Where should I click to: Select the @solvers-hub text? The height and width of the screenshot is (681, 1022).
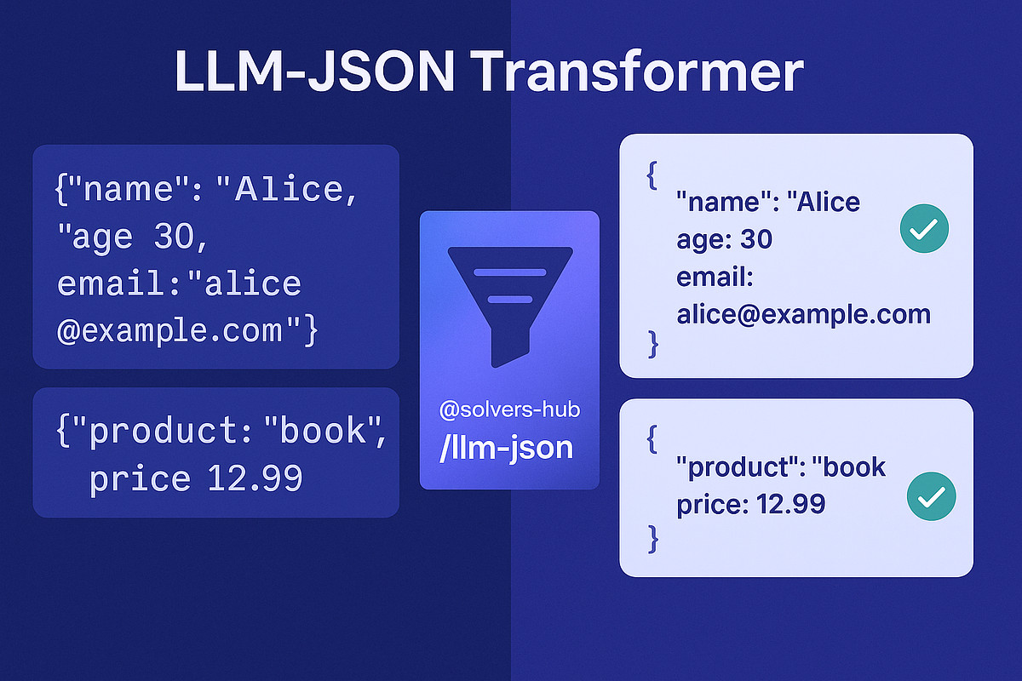(x=509, y=410)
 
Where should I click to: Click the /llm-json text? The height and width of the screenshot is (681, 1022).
(x=506, y=447)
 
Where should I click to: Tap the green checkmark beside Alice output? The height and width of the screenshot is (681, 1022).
(x=924, y=228)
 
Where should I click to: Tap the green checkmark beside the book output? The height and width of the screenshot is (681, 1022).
(x=931, y=496)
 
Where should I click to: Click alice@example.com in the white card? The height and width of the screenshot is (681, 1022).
(x=803, y=314)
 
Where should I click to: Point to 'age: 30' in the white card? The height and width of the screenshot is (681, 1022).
(x=724, y=239)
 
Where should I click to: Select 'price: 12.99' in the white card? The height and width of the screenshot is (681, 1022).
(x=750, y=504)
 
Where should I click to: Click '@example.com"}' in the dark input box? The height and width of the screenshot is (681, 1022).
(x=187, y=329)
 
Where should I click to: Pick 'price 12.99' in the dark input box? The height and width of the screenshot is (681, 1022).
(x=196, y=479)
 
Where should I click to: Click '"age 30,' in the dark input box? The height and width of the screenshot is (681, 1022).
(x=132, y=237)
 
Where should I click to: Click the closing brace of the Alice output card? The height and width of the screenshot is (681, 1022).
(x=653, y=343)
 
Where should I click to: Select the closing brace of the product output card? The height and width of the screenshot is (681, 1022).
(x=653, y=538)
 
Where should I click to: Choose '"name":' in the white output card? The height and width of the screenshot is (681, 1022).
(x=722, y=203)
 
